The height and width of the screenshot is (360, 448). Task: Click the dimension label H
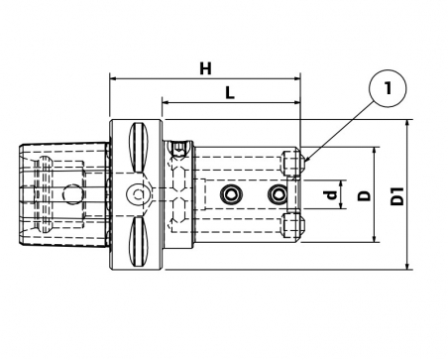(x=205, y=69)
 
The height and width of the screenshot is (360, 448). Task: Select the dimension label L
(x=230, y=93)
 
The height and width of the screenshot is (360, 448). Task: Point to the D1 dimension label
(x=397, y=195)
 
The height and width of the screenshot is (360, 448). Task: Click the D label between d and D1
(x=365, y=195)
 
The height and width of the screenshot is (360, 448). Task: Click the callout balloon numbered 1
(x=388, y=88)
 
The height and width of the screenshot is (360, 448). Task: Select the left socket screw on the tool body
(x=231, y=194)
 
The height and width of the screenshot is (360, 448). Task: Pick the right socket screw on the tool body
(x=278, y=194)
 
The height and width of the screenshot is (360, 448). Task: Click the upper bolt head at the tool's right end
(x=293, y=164)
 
